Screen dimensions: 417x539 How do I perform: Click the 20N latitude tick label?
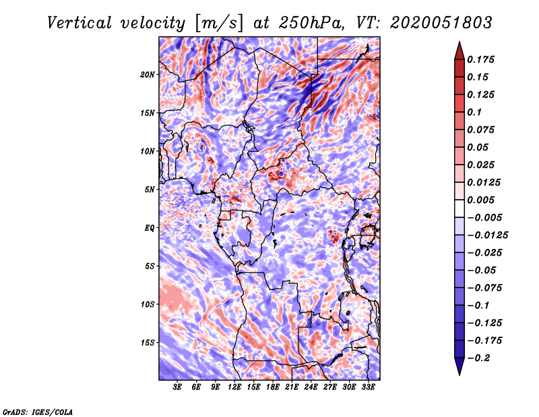(x=148, y=74)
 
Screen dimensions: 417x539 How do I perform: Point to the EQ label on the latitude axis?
(x=149, y=228)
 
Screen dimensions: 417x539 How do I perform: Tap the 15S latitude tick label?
(x=148, y=343)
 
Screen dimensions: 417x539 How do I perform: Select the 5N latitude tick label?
(x=150, y=190)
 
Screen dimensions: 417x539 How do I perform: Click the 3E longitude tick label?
(x=178, y=387)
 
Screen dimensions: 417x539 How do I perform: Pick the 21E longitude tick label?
(x=292, y=387)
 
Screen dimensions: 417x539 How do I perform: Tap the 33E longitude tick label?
(x=368, y=387)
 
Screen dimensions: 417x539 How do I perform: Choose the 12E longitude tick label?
(x=235, y=387)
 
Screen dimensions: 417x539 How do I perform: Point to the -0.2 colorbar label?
(x=480, y=358)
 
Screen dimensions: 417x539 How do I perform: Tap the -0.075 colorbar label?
(x=485, y=287)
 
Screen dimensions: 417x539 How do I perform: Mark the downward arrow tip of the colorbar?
(x=459, y=372)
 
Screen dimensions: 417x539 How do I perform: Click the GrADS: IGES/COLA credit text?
(x=37, y=411)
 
